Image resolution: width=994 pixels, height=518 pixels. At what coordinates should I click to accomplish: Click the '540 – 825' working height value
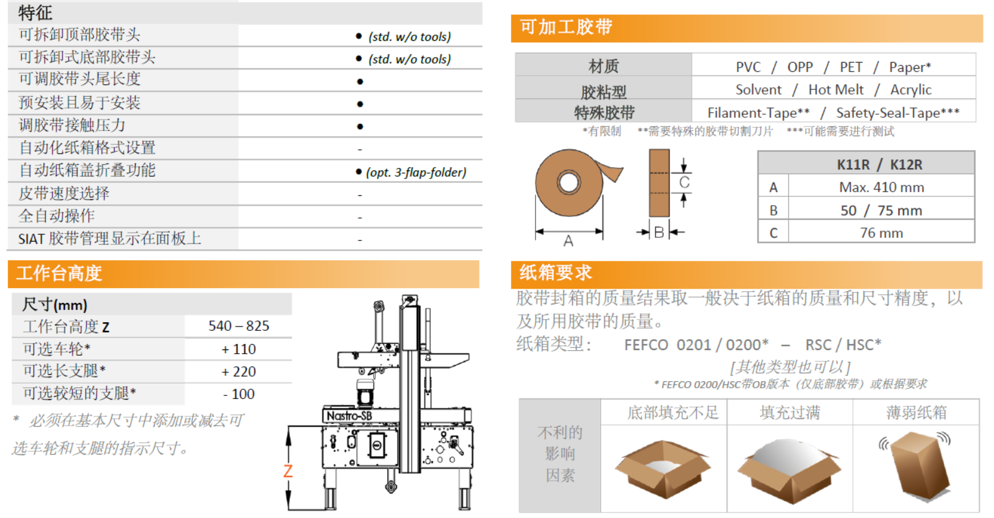click(238, 327)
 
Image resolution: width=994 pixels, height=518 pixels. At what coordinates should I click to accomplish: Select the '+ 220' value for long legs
click(238, 372)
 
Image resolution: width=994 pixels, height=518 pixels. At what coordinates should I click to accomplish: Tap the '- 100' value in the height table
click(238, 394)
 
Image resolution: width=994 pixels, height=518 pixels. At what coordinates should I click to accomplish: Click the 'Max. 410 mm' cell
click(881, 187)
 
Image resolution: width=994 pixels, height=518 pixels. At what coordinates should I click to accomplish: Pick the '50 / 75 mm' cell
click(881, 211)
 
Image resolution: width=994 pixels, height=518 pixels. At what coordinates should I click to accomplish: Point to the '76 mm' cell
click(881, 233)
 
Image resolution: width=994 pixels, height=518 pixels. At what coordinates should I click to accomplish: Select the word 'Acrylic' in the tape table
click(910, 90)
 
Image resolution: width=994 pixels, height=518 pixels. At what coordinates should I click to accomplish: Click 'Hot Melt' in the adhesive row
click(836, 90)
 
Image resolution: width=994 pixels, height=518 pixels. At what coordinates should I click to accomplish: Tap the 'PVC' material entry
click(748, 67)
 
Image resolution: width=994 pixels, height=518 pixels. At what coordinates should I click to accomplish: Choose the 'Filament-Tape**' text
click(759, 113)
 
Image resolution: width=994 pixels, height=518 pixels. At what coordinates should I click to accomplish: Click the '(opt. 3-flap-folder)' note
click(416, 172)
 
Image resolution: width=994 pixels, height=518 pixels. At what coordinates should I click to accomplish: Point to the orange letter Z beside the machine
click(288, 471)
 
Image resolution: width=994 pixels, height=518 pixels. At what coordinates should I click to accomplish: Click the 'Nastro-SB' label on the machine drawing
click(349, 416)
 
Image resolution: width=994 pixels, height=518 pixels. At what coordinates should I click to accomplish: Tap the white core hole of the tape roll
click(569, 182)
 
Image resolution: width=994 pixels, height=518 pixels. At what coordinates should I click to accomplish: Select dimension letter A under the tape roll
click(569, 241)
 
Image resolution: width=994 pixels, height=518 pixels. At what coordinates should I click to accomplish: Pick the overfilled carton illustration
click(790, 470)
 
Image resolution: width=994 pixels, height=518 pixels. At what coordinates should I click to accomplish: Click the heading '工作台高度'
click(59, 273)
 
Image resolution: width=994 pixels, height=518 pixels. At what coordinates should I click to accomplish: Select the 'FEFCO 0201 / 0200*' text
click(696, 345)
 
